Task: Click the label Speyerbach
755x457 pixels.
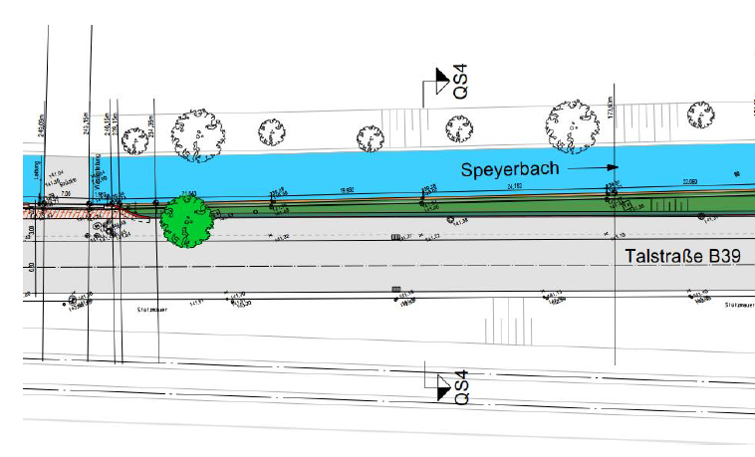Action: (508, 170)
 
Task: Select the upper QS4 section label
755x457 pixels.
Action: (461, 82)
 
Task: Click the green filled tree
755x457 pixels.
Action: (187, 221)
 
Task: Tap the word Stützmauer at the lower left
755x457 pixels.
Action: (149, 309)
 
